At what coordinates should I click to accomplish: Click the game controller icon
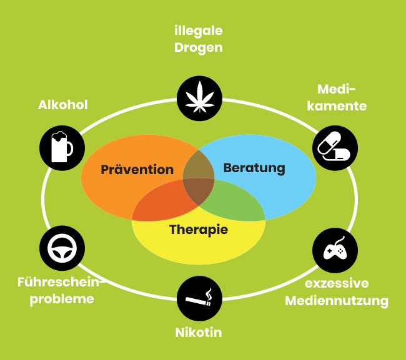click(335, 250)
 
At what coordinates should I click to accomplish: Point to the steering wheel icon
click(62, 249)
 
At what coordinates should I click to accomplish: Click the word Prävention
click(137, 170)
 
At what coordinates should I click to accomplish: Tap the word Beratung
click(254, 168)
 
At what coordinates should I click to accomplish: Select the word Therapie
click(199, 230)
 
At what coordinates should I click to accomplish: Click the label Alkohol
click(62, 104)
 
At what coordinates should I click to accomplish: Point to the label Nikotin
click(199, 332)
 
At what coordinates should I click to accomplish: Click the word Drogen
click(199, 47)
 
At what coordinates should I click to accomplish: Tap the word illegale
click(199, 31)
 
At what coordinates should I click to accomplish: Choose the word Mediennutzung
click(337, 301)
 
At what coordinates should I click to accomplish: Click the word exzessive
click(337, 283)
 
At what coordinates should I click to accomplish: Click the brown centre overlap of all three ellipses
click(199, 190)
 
